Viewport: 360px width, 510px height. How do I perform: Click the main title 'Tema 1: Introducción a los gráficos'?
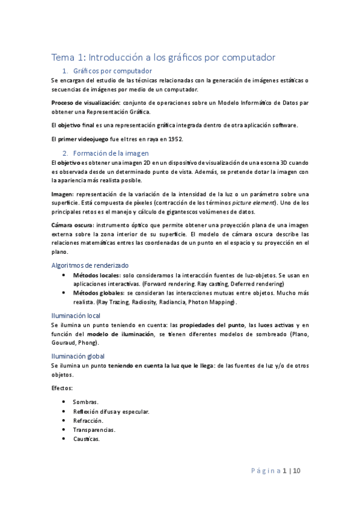point(163,58)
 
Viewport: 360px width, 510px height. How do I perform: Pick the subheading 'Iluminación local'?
point(75,315)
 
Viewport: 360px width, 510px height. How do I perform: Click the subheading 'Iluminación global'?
point(78,356)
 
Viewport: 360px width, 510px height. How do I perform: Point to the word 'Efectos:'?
point(62,389)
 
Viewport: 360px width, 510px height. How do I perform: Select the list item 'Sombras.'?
point(85,401)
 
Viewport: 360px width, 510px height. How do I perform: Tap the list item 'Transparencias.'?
point(94,429)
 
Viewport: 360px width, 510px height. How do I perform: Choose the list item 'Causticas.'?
point(87,439)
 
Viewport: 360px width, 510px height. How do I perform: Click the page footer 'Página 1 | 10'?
point(280,472)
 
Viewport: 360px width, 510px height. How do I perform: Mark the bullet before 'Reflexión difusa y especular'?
point(64,411)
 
